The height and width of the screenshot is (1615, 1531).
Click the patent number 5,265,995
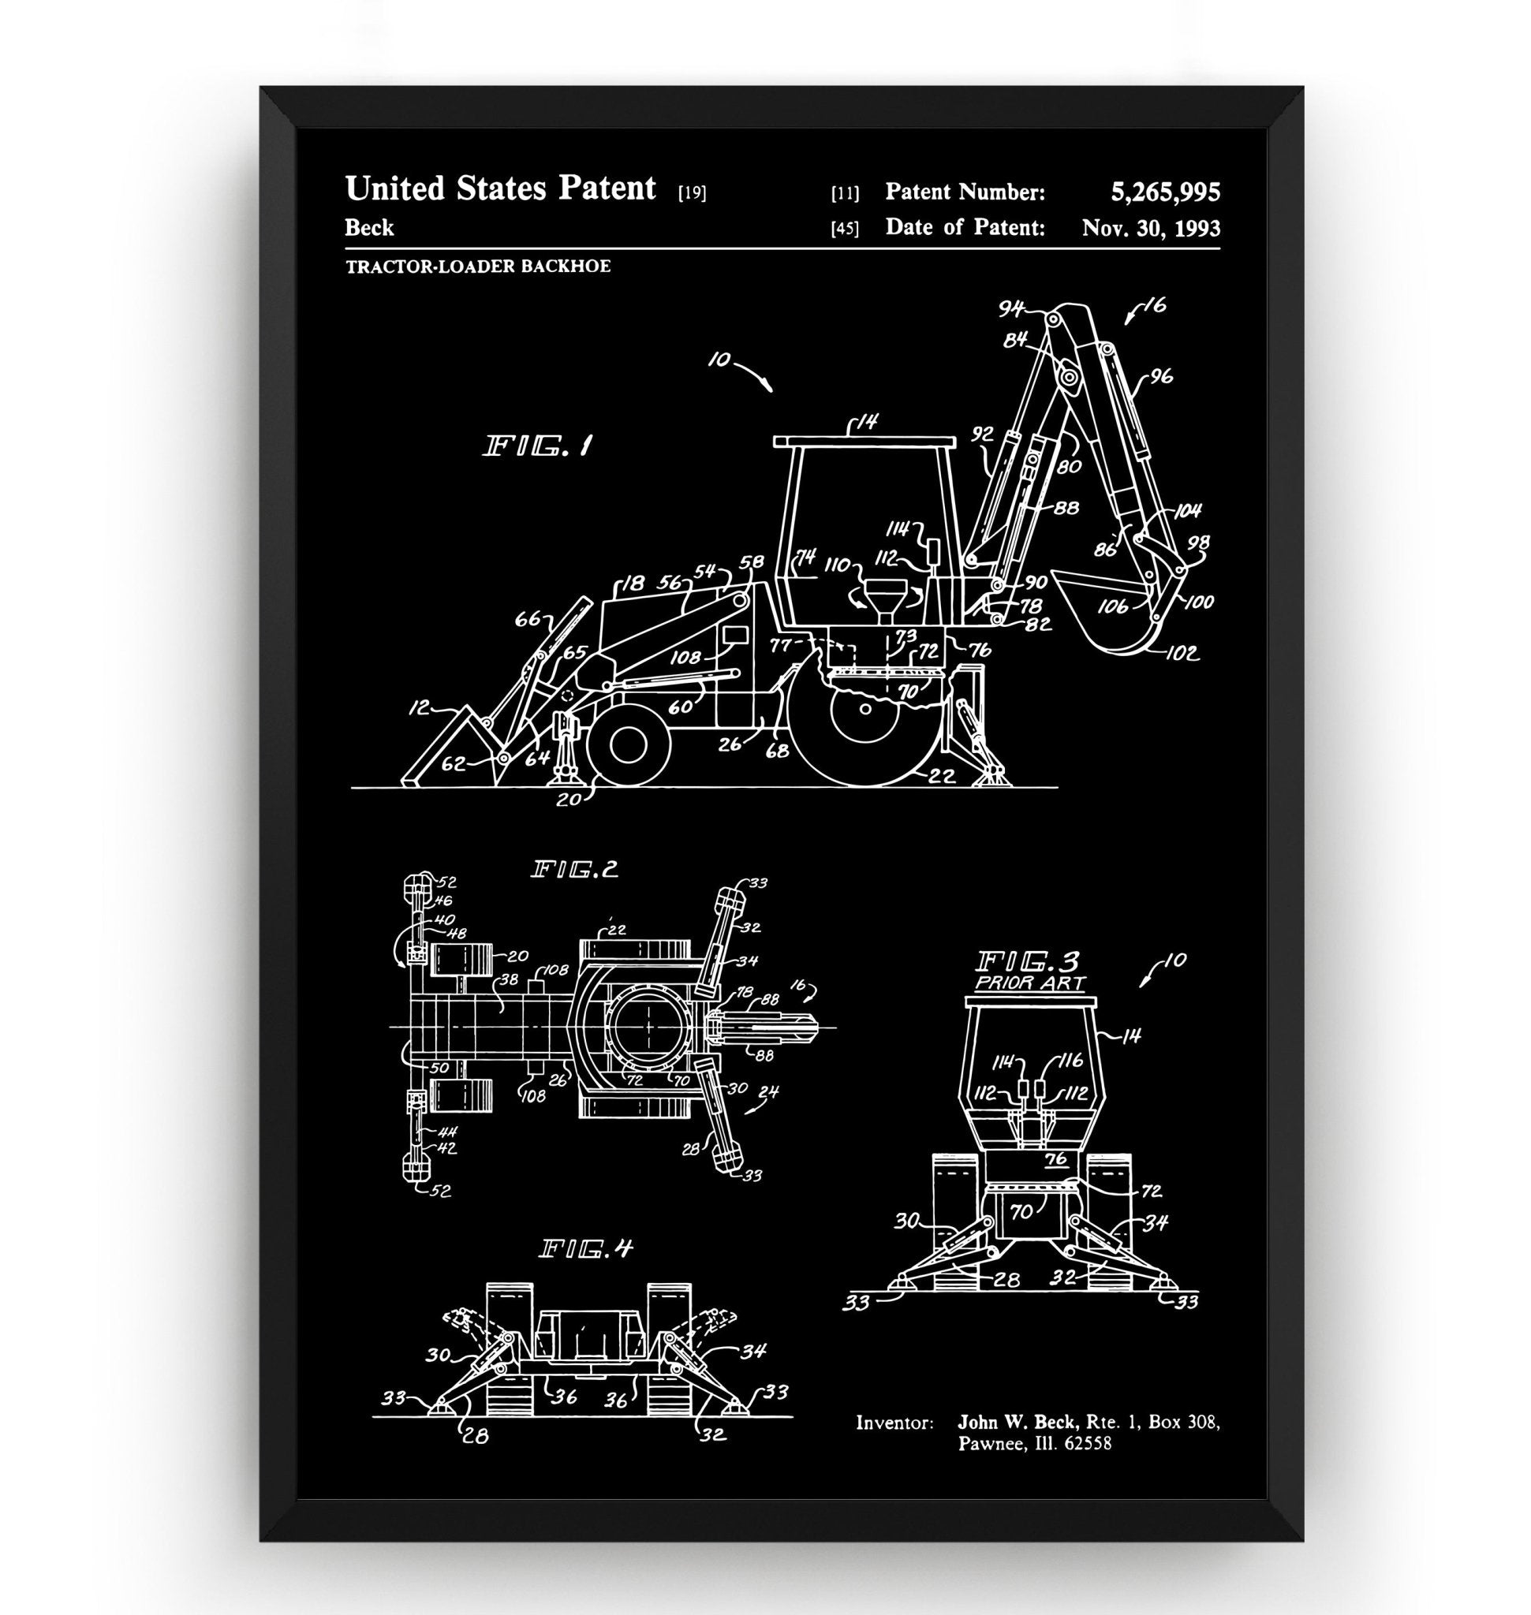[x=1164, y=192]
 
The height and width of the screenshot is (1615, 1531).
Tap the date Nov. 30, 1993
[x=1150, y=228]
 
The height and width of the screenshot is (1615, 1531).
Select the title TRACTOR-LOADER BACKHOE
[x=477, y=266]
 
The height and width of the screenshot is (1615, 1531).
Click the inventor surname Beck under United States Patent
[x=369, y=228]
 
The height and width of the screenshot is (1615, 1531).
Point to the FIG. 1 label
[x=538, y=446]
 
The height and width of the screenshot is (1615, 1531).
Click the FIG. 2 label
[x=574, y=870]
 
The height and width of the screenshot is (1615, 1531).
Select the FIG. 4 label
[x=585, y=1249]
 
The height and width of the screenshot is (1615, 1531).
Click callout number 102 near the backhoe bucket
[x=1181, y=653]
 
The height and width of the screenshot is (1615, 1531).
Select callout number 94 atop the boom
[x=1011, y=309]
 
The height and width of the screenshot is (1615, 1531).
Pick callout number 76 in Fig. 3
[x=1055, y=1160]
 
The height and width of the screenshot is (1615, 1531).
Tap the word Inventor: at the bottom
[x=894, y=1423]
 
